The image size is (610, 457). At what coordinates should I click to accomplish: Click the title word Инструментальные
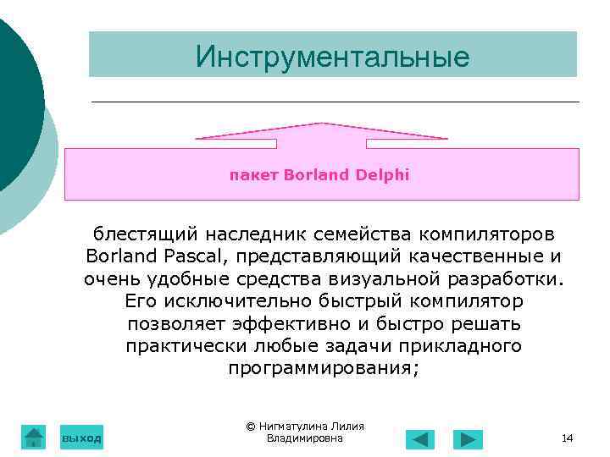tap(332, 56)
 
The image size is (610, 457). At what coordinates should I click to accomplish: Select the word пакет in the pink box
tap(254, 175)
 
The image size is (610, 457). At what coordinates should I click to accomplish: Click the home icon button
tap(33, 437)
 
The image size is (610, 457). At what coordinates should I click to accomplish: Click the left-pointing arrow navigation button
tap(419, 439)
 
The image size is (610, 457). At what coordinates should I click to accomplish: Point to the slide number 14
tap(567, 438)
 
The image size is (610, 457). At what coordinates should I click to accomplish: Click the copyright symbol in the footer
tap(250, 427)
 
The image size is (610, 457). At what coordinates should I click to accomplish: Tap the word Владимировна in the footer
tap(304, 438)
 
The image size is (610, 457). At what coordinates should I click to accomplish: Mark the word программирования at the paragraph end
tap(324, 370)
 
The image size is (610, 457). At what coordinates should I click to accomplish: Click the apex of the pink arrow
tap(321, 124)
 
